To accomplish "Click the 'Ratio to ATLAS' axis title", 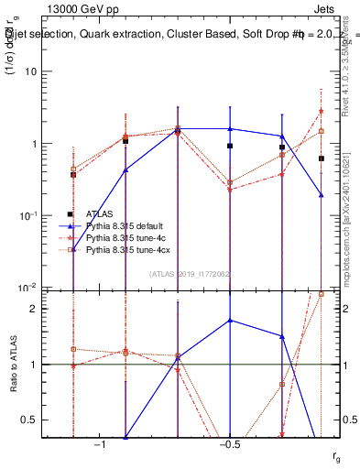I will [x=15, y=365].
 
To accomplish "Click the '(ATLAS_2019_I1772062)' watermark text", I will [x=191, y=274].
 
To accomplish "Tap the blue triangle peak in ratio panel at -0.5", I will [x=230, y=321].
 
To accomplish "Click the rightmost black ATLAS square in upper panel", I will [x=322, y=158].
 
